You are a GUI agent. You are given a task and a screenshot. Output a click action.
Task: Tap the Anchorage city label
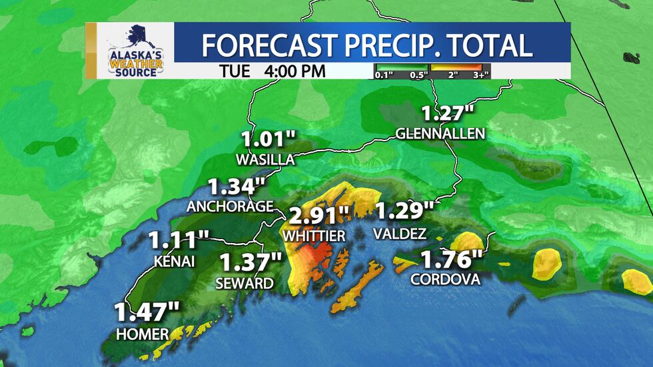click(230, 206)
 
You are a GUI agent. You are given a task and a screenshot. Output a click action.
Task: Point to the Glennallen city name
click(440, 134)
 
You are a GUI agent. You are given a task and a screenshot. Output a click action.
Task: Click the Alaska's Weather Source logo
click(135, 51)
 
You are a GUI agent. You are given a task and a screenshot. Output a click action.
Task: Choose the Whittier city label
click(314, 236)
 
